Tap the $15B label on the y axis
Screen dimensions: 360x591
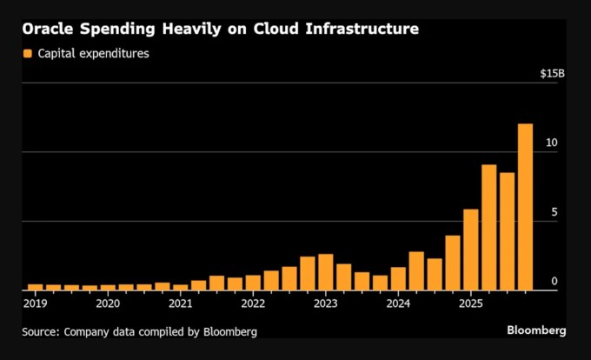[552, 73]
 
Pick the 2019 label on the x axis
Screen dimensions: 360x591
[36, 303]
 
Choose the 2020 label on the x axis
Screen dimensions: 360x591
[108, 303]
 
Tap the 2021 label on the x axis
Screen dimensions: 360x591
[181, 303]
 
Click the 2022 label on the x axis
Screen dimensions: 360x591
[253, 303]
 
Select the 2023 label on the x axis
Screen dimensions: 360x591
[325, 303]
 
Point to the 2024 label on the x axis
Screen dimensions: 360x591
[398, 303]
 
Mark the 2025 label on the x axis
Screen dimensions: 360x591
[470, 303]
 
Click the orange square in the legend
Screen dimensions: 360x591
[28, 54]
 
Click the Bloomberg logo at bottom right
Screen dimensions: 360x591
[536, 331]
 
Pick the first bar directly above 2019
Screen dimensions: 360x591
[36, 287]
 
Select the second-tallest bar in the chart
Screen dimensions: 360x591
[488, 227]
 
